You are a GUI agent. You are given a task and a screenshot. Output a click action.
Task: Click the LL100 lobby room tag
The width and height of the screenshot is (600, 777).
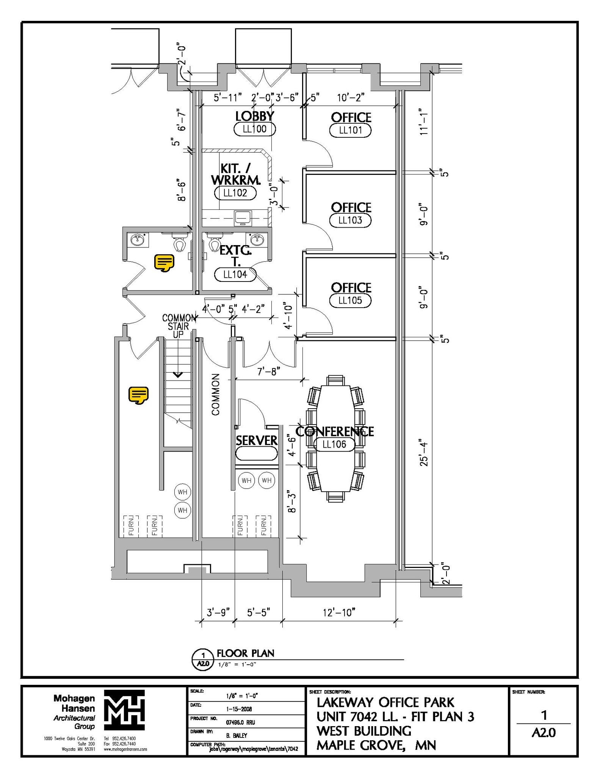pyautogui.click(x=254, y=129)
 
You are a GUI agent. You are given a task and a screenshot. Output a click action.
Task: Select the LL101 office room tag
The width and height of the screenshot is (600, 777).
pyautogui.click(x=350, y=131)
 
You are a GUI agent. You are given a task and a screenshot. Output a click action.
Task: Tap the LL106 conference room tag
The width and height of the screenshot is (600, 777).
pyautogui.click(x=334, y=444)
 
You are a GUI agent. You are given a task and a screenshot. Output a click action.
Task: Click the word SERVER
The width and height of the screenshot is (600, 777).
pyautogui.click(x=257, y=440)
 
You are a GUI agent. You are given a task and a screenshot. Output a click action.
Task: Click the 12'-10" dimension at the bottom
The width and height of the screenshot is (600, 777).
pyautogui.click(x=339, y=612)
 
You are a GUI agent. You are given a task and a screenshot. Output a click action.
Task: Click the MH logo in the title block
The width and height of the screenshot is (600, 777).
pyautogui.click(x=124, y=713)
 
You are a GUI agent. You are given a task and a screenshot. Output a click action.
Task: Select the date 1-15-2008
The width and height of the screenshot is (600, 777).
pyautogui.click(x=239, y=709)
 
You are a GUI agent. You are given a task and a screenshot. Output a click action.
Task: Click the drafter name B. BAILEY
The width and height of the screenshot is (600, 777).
pyautogui.click(x=237, y=735)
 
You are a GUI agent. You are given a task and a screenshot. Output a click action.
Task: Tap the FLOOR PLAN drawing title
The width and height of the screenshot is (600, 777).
pyautogui.click(x=245, y=653)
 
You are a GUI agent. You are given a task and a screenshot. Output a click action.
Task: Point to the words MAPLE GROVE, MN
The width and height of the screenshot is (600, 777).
pyautogui.click(x=376, y=746)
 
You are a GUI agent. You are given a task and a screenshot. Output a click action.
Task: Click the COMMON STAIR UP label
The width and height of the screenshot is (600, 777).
pyautogui.click(x=179, y=326)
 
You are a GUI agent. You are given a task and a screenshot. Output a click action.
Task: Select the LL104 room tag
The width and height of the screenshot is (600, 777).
pyautogui.click(x=235, y=274)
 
